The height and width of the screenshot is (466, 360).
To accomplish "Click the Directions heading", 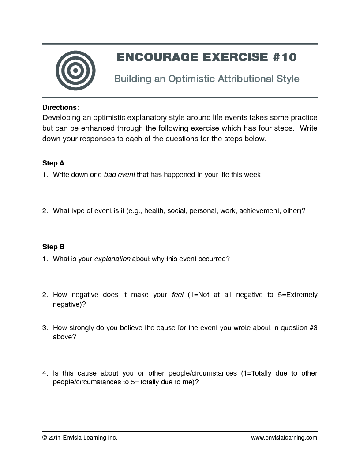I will [x=60, y=107].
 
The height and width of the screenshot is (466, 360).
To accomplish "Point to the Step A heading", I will [x=53, y=163].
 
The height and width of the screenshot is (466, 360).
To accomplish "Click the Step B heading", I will [x=53, y=247].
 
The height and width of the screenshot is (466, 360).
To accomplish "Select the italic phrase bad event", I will [x=120, y=175].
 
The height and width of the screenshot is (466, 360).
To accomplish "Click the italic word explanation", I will [x=112, y=259].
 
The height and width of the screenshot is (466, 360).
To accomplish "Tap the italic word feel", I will [x=177, y=295].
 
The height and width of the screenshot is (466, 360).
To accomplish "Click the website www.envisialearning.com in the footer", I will [x=284, y=438].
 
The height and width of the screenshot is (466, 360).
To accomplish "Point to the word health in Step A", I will [x=154, y=211].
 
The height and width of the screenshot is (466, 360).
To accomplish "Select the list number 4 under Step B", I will [x=45, y=373].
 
